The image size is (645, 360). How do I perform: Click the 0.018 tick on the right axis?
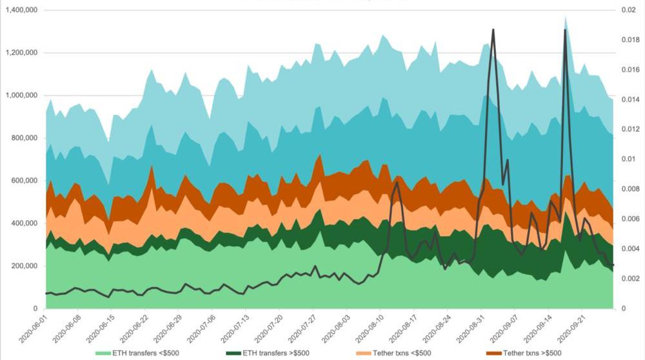pyautogui.click(x=630, y=40)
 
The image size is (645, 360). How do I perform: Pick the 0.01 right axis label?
pyautogui.click(x=628, y=159)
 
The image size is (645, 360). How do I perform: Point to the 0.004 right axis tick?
pyautogui.click(x=630, y=248)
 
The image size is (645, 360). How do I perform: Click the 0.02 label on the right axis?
pyautogui.click(x=628, y=10)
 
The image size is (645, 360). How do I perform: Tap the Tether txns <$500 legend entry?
pyautogui.click(x=405, y=353)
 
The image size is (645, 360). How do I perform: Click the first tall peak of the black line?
pyautogui.click(x=493, y=30)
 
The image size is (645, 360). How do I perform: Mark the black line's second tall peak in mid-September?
pyautogui.click(x=566, y=30)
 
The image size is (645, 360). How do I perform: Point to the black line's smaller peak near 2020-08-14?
pyautogui.click(x=397, y=183)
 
